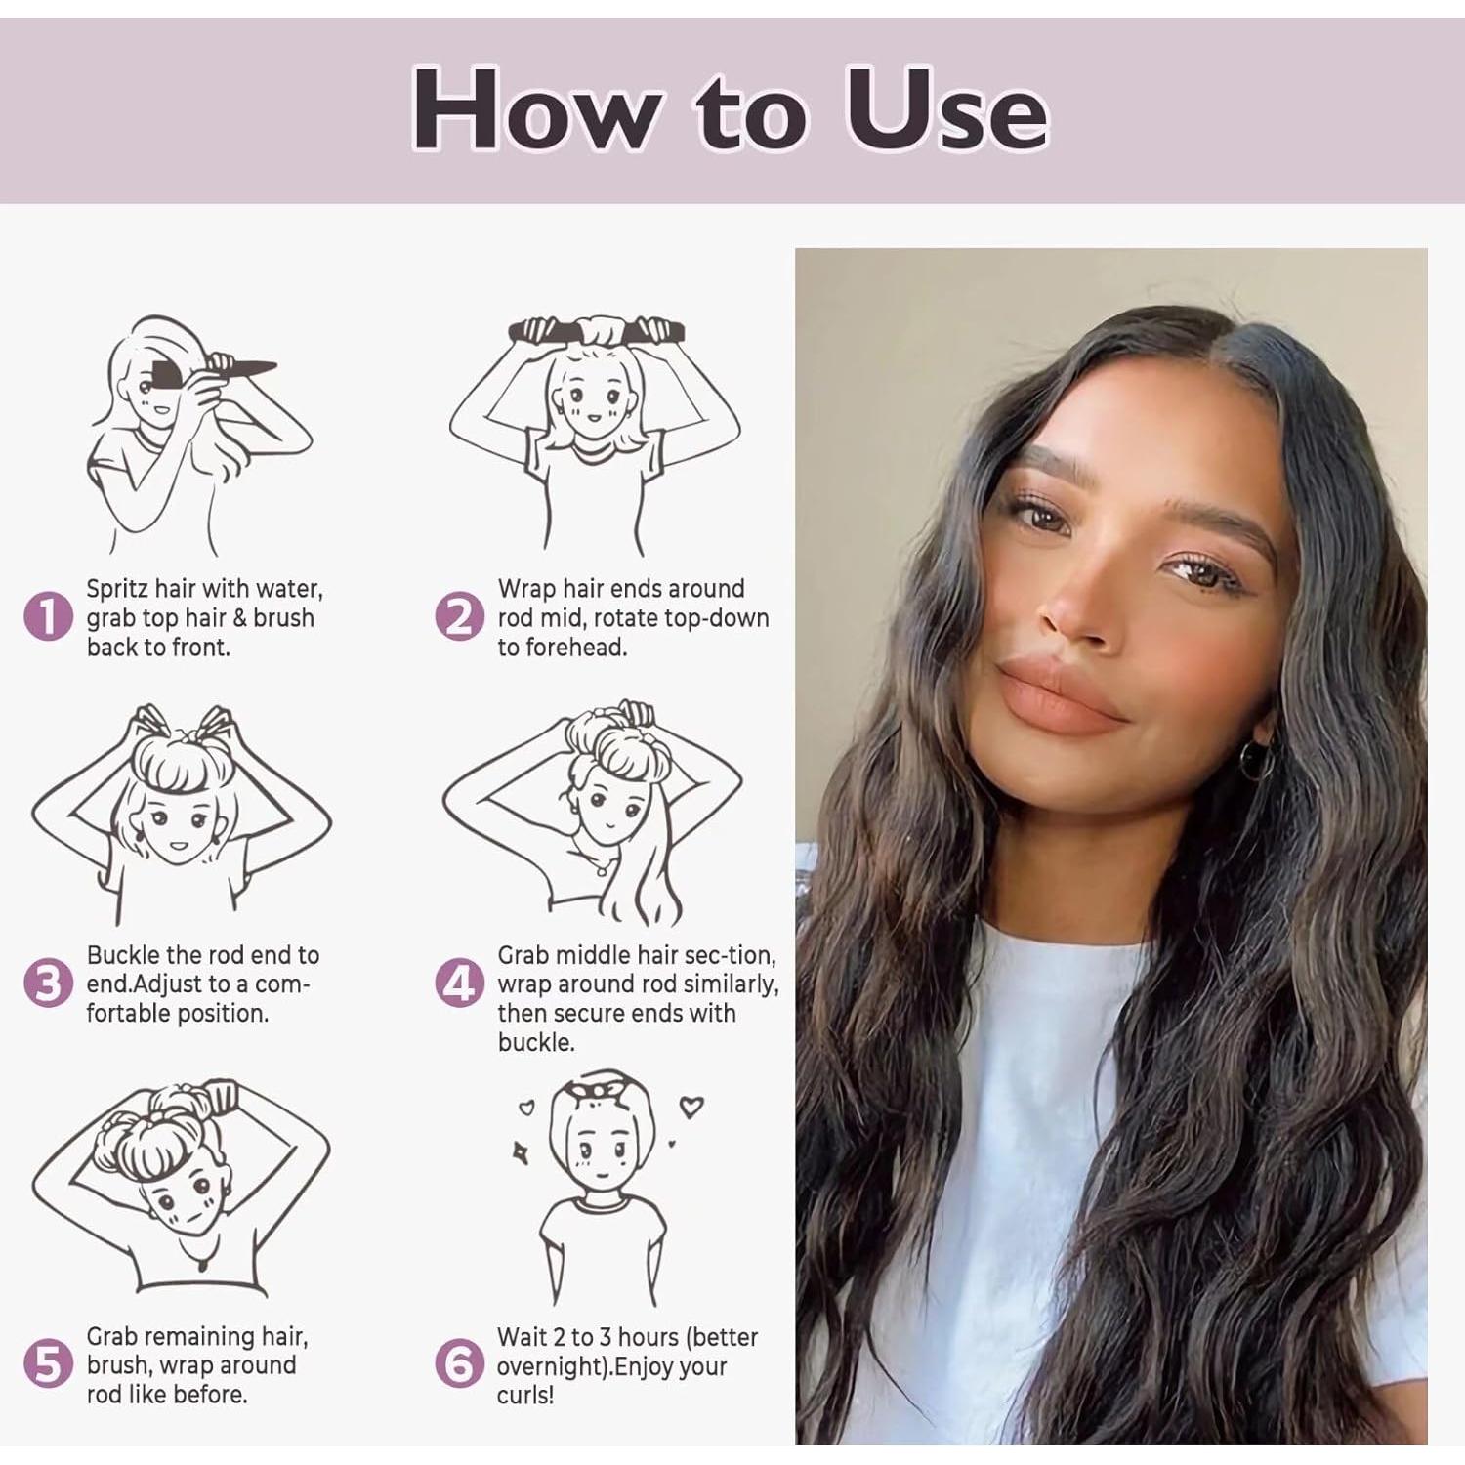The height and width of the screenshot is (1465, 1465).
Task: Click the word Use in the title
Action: [945, 109]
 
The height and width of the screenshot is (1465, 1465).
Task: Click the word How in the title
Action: [535, 109]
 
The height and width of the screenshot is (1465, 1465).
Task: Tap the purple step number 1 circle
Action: [48, 617]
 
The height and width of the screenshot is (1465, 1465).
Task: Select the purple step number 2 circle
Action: [459, 617]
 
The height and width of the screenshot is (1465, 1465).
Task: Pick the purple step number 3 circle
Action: [48, 983]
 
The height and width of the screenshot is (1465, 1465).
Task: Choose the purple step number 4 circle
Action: [459, 983]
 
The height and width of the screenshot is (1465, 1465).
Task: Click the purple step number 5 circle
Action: [48, 1363]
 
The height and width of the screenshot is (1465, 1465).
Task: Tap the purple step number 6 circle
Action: [459, 1364]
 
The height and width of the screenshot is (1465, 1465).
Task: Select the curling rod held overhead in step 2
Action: [597, 332]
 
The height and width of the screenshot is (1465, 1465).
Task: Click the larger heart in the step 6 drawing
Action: [691, 1108]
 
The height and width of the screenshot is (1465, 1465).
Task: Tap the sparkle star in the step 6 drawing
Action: [521, 1152]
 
